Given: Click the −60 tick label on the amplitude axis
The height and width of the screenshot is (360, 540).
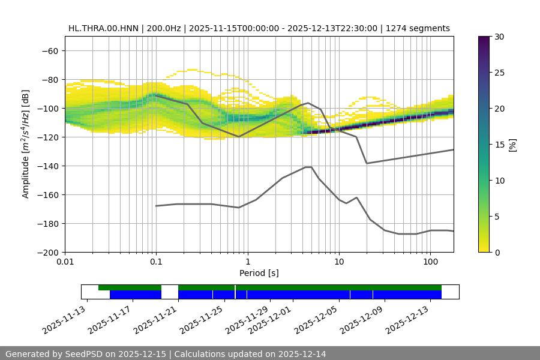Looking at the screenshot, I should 49,50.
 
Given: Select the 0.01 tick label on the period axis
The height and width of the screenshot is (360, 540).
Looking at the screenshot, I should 65,262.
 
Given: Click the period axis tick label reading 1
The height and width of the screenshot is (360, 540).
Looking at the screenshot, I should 247,262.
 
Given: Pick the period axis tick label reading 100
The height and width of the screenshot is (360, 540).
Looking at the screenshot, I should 430,262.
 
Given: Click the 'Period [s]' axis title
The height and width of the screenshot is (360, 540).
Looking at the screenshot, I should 259,273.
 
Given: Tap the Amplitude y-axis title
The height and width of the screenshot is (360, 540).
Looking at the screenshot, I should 25,144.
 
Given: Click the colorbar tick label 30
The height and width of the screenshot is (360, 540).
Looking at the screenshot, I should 499,37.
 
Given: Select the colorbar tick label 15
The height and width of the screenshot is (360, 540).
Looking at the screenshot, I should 499,145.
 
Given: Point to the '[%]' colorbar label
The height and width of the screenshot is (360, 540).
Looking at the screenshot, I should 512,145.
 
